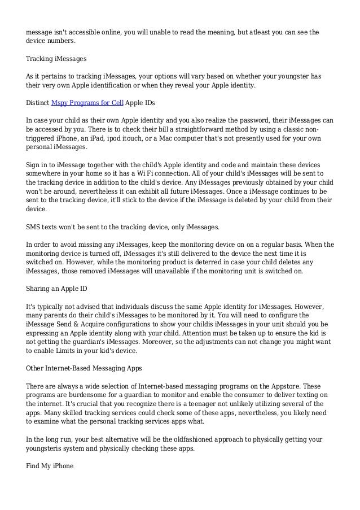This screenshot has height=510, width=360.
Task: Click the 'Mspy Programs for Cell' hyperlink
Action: coord(87,103)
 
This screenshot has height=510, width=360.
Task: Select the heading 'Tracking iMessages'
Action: coord(55,59)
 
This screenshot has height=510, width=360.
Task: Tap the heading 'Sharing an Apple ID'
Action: coord(56,288)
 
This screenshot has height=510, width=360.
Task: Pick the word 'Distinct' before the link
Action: coord(38,103)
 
